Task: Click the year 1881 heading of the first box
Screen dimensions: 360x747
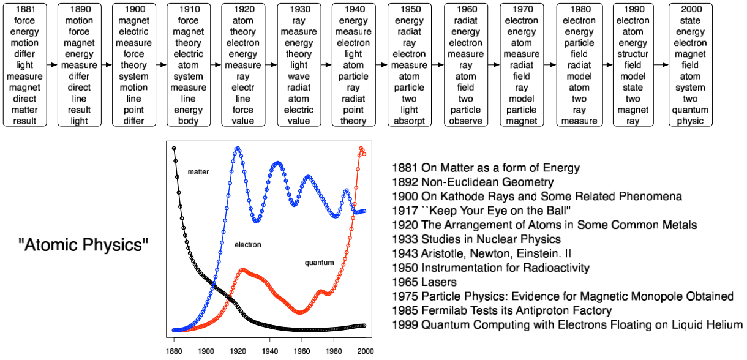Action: click(24, 10)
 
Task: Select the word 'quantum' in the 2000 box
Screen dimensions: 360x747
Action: click(690, 110)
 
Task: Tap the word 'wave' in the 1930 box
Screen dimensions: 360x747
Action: click(299, 77)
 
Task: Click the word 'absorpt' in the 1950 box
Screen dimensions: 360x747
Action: click(409, 121)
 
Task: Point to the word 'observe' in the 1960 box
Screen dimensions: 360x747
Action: click(465, 121)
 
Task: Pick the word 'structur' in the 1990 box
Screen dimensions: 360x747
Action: click(633, 54)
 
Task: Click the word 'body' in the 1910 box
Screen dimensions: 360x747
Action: click(189, 121)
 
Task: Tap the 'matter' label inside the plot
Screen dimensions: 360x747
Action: click(198, 172)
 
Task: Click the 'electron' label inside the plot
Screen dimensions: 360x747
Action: click(247, 245)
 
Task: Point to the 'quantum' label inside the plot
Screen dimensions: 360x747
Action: click(320, 263)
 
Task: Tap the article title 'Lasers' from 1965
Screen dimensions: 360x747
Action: click(438, 282)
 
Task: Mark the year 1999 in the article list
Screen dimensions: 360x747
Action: click(404, 325)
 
